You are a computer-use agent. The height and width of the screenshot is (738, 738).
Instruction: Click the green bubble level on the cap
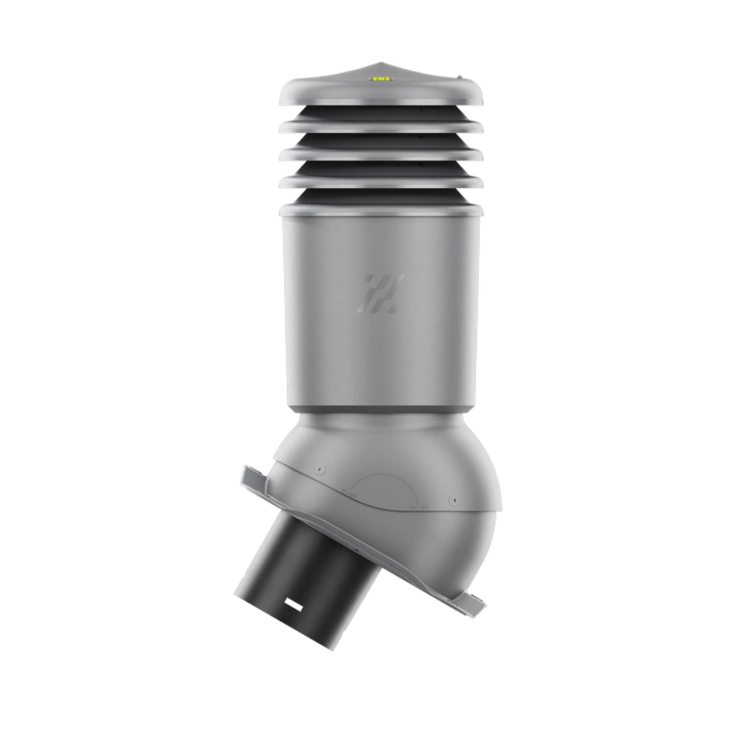(x=382, y=77)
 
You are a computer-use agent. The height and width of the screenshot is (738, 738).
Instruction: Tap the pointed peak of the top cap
(x=382, y=63)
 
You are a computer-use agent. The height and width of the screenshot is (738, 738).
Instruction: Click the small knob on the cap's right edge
(x=458, y=76)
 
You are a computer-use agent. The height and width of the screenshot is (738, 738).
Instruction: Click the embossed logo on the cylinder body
(x=381, y=293)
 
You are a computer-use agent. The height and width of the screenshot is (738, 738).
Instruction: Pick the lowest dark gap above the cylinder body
(x=381, y=196)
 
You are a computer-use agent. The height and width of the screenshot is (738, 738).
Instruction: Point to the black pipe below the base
(x=310, y=561)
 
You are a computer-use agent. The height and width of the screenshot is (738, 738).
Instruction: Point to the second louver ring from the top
(x=381, y=127)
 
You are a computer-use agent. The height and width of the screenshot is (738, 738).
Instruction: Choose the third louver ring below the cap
(x=381, y=154)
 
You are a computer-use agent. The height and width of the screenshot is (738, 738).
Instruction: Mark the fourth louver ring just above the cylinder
(x=381, y=180)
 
